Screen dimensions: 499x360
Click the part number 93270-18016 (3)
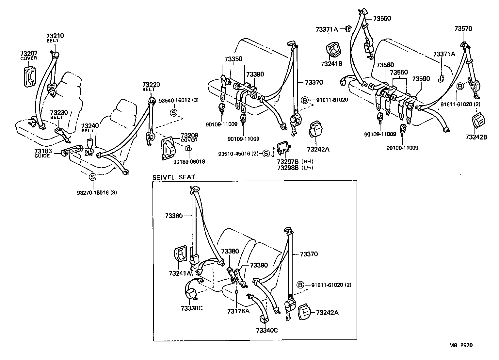(x=97, y=193)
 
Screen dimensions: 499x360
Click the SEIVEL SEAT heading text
(x=173, y=177)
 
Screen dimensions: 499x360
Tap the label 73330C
(x=192, y=309)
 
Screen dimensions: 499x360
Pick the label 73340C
(x=266, y=330)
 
